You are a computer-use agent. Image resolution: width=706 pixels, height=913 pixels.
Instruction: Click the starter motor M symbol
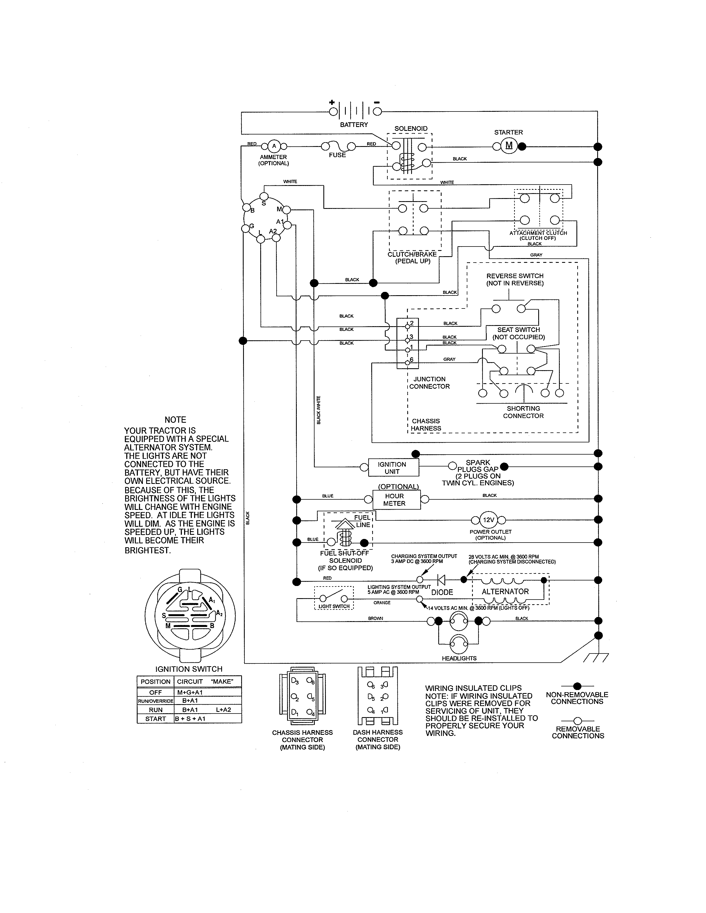[509, 146]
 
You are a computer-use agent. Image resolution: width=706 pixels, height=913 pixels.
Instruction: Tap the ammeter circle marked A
[274, 146]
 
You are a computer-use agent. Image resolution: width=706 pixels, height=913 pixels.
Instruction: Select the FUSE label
[337, 155]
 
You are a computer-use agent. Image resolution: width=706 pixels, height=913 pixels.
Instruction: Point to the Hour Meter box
[395, 500]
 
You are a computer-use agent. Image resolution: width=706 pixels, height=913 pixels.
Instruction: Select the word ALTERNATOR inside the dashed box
[505, 592]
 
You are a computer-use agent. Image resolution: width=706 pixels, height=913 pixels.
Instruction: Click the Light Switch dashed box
[334, 598]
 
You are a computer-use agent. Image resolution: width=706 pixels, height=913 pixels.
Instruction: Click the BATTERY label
[354, 124]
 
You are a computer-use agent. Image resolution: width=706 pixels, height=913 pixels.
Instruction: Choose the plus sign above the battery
[332, 102]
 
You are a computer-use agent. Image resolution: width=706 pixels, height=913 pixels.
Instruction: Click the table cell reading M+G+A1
[190, 692]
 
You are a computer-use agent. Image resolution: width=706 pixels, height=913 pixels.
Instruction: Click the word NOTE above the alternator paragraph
[175, 420]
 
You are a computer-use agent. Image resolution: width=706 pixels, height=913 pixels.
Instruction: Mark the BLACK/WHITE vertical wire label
[319, 410]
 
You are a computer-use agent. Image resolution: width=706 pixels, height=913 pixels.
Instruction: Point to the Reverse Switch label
[515, 279]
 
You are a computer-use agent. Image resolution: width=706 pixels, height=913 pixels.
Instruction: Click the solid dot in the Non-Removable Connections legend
[577, 686]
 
